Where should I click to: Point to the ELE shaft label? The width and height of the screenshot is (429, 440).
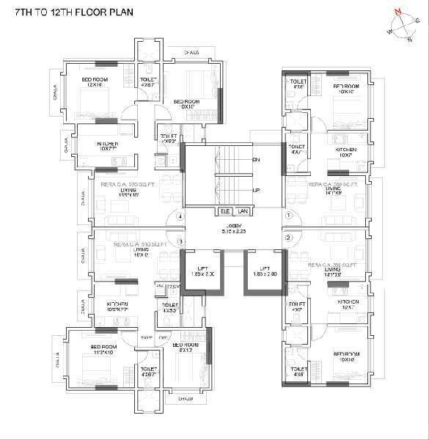pyautogui.click(x=225, y=211)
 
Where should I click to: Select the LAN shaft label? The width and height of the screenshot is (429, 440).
pyautogui.click(x=243, y=211)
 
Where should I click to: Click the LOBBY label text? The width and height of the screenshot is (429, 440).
pyautogui.click(x=233, y=225)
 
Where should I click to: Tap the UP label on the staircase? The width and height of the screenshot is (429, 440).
pyautogui.click(x=256, y=190)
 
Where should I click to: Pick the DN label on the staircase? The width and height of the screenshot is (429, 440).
pyautogui.click(x=256, y=159)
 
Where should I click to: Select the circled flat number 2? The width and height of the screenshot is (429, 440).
pyautogui.click(x=288, y=238)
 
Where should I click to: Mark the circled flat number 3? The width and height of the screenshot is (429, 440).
pyautogui.click(x=180, y=241)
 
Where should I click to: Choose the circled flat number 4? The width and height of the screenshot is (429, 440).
pyautogui.click(x=179, y=216)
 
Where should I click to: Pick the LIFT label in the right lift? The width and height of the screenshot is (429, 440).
pyautogui.click(x=265, y=270)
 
